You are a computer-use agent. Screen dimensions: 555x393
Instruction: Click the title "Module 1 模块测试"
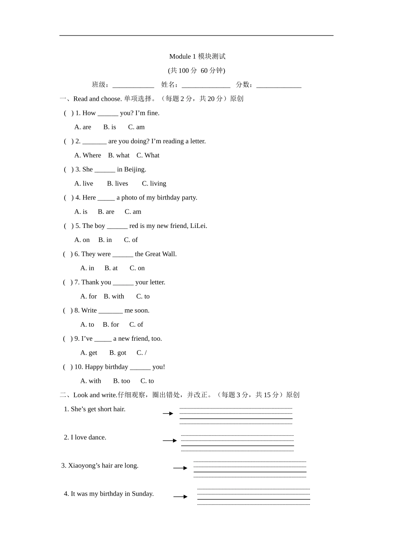point(197,57)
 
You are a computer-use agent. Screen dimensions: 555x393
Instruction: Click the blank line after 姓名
point(206,85)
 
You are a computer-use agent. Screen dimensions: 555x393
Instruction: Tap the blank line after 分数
point(278,85)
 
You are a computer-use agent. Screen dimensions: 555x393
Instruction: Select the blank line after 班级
point(133,85)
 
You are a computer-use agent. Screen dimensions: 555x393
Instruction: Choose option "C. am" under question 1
point(136,127)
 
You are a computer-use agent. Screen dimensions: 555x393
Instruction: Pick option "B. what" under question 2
point(119,155)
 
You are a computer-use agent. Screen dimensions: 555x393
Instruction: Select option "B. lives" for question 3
point(117,183)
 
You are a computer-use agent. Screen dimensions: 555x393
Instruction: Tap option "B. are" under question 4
point(106,212)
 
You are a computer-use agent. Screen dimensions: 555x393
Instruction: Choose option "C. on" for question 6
point(137,268)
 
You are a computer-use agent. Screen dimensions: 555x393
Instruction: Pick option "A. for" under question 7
point(89,296)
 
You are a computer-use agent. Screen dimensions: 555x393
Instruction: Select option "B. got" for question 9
point(117,353)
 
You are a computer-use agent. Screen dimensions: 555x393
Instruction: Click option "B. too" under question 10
point(121,381)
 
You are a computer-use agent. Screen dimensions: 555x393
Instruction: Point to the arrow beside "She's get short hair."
point(168,413)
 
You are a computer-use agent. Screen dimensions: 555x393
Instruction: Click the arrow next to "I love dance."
point(170,441)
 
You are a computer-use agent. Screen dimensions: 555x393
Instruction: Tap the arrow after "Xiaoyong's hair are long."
point(180,468)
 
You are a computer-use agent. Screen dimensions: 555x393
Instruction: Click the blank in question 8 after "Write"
point(110,311)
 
